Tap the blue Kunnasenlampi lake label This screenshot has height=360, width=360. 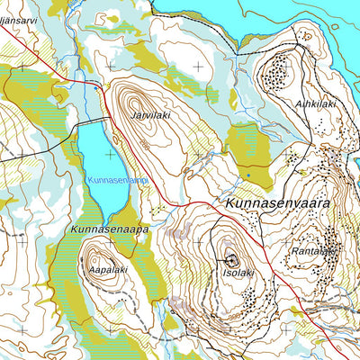tap(116, 180)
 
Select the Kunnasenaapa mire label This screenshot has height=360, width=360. tap(108, 229)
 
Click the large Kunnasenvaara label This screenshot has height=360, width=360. tap(278, 203)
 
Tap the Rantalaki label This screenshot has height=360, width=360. tap(314, 252)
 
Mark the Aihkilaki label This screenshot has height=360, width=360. tap(315, 104)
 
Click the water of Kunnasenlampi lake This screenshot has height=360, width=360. tap(94, 162)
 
